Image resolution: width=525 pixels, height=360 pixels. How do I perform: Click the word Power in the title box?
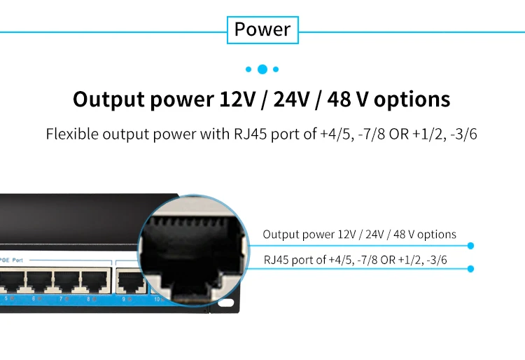262,29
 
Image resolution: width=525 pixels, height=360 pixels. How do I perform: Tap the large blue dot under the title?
262,69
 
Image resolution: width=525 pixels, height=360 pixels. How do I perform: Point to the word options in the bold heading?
412,99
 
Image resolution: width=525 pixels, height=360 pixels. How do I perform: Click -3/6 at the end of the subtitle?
463,134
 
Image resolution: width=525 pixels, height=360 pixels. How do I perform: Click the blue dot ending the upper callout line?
470,246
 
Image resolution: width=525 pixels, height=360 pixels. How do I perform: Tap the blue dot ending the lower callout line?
470,268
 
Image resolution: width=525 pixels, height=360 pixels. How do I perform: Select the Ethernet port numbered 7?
64,282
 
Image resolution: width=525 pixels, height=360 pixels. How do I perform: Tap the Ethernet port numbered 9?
128,282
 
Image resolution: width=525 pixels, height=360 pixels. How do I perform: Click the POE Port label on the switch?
13,259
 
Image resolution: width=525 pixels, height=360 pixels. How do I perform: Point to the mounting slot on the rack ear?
226,303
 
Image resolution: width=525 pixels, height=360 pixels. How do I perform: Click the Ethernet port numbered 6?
38,282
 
